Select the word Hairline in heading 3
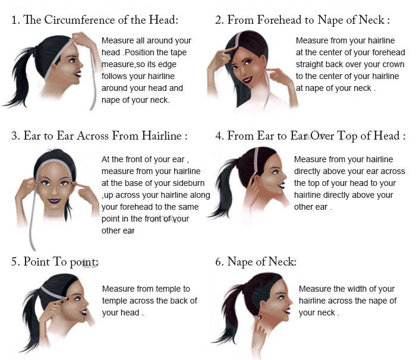point(162,135)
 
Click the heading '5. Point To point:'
point(55,262)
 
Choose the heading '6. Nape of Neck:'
point(256,262)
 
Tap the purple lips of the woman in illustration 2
point(247,79)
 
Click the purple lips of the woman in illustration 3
point(54,201)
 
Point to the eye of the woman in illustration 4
point(275,172)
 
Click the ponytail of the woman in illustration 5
point(32,321)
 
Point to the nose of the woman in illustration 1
point(80,64)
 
